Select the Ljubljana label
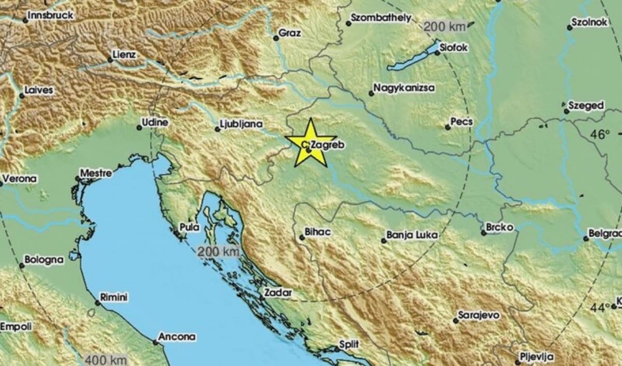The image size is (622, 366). click(241, 124)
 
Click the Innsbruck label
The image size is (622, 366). click(50, 15)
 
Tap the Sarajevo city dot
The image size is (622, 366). click(456, 321)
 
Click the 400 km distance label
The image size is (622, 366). click(103, 359)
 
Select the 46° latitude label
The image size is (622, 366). click(600, 135)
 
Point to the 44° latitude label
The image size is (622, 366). click(600, 308)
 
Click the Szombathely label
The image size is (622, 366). click(381, 18)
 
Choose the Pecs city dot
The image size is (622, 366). click(448, 127)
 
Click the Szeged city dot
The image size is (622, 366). click(566, 110)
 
